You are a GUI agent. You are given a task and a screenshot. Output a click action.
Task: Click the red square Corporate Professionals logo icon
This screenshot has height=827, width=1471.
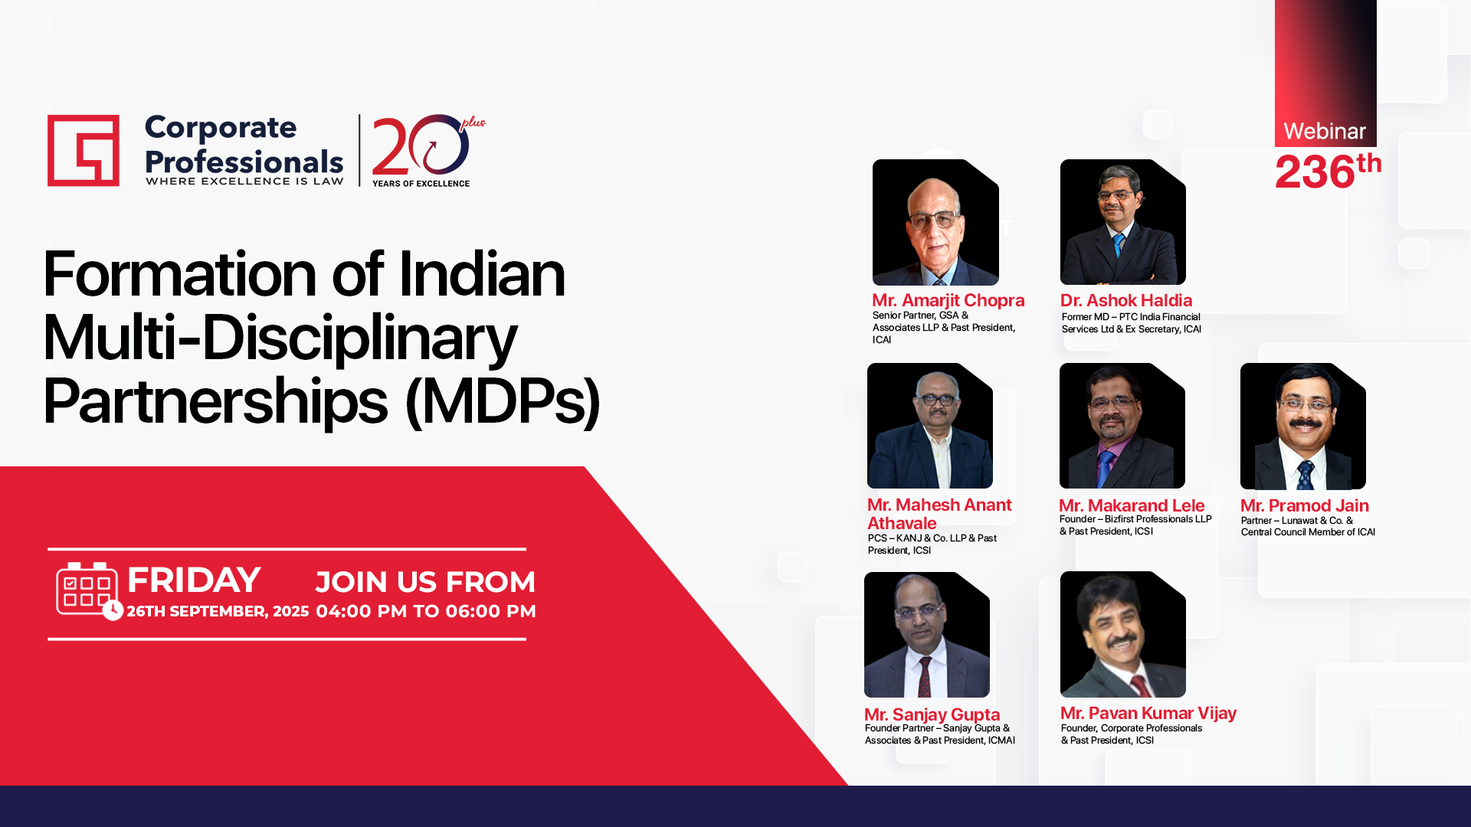tap(84, 150)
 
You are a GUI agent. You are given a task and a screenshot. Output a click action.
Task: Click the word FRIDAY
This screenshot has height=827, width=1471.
tap(194, 580)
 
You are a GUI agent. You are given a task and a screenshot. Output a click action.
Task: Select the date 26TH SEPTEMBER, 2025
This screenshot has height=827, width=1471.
tap(218, 611)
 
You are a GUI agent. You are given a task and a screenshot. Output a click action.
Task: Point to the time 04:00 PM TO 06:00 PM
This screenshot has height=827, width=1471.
tap(426, 611)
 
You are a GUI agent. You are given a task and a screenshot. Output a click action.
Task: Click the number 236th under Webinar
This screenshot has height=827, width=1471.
tap(1328, 171)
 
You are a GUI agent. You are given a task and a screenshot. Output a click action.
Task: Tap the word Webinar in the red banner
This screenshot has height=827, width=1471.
tap(1325, 132)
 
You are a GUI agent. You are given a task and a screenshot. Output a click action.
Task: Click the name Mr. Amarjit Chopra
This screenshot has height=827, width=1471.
tap(948, 300)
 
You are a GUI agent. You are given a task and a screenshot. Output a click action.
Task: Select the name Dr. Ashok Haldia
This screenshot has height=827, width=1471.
tap(1126, 300)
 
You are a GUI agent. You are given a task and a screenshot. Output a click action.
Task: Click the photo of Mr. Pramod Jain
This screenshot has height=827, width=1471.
tap(1303, 427)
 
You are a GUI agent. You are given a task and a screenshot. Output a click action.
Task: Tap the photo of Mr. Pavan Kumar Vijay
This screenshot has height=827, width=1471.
tap(1123, 634)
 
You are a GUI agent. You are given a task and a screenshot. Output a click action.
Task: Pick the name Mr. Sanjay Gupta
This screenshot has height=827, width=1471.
tap(932, 714)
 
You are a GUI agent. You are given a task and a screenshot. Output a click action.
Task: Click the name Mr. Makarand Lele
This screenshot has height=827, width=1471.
tap(1132, 505)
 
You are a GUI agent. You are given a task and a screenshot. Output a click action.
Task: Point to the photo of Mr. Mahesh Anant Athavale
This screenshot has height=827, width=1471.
tap(930, 426)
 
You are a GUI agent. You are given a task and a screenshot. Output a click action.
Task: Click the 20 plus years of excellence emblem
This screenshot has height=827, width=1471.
tap(428, 151)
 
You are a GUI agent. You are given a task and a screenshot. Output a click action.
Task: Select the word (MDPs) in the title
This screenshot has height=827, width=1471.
tap(503, 401)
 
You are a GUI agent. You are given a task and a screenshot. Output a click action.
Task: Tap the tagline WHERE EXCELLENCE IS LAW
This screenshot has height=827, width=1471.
tap(244, 181)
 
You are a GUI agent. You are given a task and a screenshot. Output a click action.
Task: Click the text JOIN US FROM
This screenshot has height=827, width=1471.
tap(425, 582)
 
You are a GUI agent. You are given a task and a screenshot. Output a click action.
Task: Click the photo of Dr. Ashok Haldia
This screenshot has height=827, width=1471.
tap(1123, 222)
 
